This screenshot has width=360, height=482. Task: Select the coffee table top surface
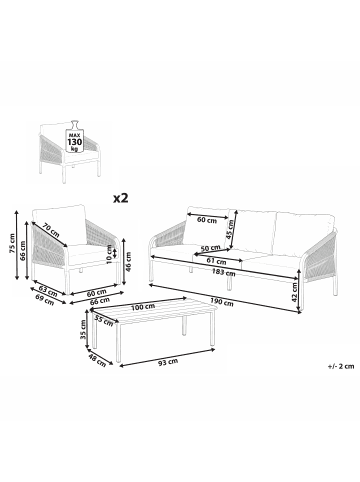click(160, 319)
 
